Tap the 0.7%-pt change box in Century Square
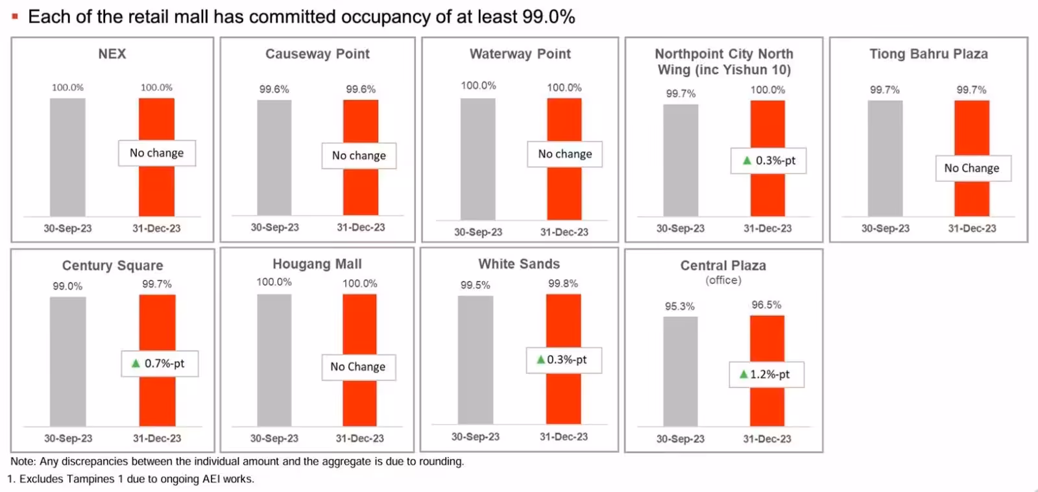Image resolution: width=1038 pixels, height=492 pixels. point(160,363)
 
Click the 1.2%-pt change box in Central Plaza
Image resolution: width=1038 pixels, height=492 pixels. point(766,375)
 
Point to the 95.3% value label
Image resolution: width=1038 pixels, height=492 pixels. point(679,306)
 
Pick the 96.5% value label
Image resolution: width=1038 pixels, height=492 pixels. point(766,305)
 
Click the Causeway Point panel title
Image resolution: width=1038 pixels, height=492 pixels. point(317,54)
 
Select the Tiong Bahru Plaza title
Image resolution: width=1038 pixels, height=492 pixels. point(928,54)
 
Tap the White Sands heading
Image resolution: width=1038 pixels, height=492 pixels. point(519,264)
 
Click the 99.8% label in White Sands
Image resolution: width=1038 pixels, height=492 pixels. point(562,284)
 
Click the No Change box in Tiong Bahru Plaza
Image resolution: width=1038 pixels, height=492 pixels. point(972,168)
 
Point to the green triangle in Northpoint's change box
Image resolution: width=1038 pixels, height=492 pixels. point(747,160)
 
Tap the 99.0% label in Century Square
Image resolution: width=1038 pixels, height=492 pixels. point(67,286)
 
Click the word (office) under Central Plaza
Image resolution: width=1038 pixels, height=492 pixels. point(723,280)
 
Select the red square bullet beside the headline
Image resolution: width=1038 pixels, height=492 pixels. point(15,17)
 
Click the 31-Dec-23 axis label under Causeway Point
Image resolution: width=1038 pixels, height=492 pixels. point(360,228)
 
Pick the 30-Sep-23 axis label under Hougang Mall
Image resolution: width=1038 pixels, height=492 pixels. point(274,439)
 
